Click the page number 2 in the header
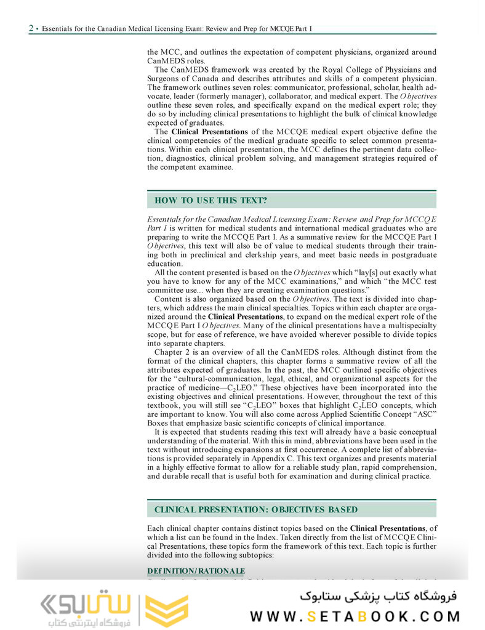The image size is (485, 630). click(x=31, y=28)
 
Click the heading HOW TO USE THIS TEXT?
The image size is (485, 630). click(x=210, y=200)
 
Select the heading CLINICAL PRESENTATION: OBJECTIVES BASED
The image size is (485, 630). click(x=256, y=509)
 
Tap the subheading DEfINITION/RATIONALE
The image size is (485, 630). click(x=196, y=570)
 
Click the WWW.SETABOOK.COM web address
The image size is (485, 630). click(x=355, y=616)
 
